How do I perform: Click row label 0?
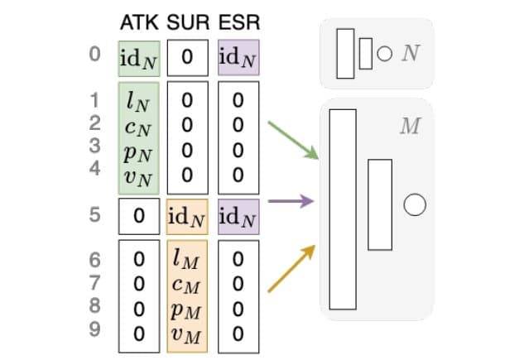click(94, 56)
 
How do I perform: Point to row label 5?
click(94, 215)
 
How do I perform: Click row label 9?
click(94, 333)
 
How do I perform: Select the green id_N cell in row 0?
click(139, 57)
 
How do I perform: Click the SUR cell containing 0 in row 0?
click(188, 57)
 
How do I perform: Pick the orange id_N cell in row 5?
click(188, 216)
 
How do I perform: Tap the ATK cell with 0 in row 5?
click(139, 216)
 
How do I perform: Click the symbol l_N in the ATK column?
click(138, 102)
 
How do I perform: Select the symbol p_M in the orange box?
click(188, 310)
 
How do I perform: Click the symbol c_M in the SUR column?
click(188, 286)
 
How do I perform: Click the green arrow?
click(292, 140)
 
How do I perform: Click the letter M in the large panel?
click(408, 127)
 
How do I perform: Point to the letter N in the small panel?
click(411, 55)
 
